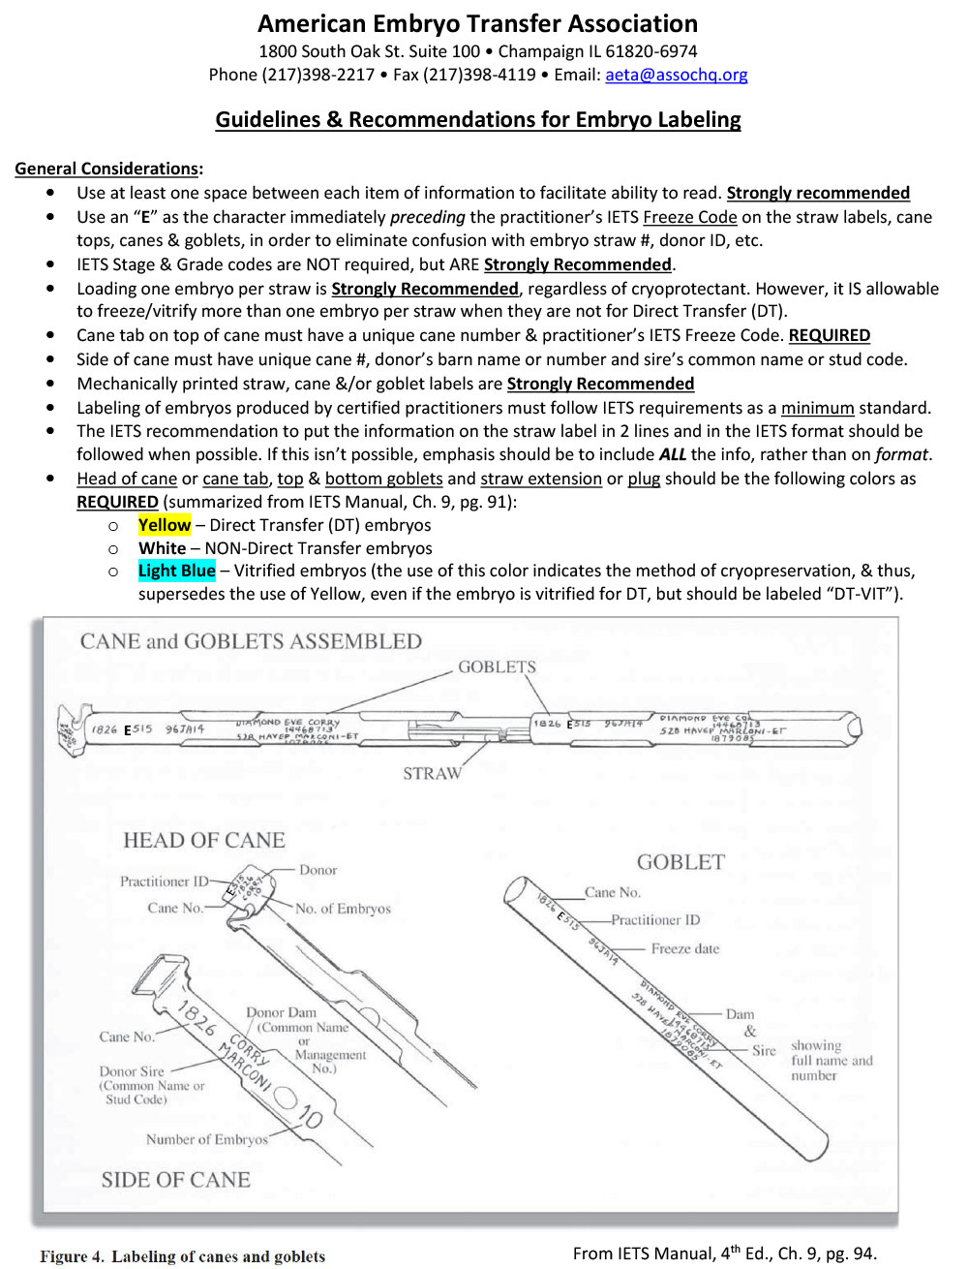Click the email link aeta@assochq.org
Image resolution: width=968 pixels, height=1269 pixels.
coord(676,75)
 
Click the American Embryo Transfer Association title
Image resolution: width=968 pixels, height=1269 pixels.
coord(477,24)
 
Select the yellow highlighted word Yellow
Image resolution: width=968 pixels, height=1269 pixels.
coord(165,525)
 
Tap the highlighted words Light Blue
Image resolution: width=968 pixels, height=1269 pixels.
coord(176,571)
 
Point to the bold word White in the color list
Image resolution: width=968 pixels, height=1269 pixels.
coord(162,548)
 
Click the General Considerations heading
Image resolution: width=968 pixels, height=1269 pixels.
coord(107,169)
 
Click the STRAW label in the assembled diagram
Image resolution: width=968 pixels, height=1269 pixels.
coord(432,773)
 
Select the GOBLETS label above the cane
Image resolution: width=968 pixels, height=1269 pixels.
coord(497,666)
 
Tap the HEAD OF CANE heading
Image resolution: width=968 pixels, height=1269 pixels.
coord(203,840)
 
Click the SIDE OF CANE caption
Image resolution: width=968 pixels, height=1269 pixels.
coord(175,1179)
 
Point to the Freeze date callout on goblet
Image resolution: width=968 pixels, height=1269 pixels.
coord(684,948)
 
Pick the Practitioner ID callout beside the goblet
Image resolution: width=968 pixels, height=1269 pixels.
coord(654,919)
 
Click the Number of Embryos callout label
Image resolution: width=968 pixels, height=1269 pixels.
coord(206,1139)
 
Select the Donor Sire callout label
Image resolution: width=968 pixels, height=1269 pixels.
coord(132,1071)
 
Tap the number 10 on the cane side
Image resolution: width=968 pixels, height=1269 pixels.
coord(309,1118)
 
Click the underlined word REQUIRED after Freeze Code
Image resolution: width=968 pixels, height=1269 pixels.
coord(829,335)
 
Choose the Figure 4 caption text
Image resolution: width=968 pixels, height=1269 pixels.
coord(182,1256)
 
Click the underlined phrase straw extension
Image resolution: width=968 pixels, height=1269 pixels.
coord(540,479)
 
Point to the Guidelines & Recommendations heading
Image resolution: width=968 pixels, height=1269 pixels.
coord(477,120)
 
